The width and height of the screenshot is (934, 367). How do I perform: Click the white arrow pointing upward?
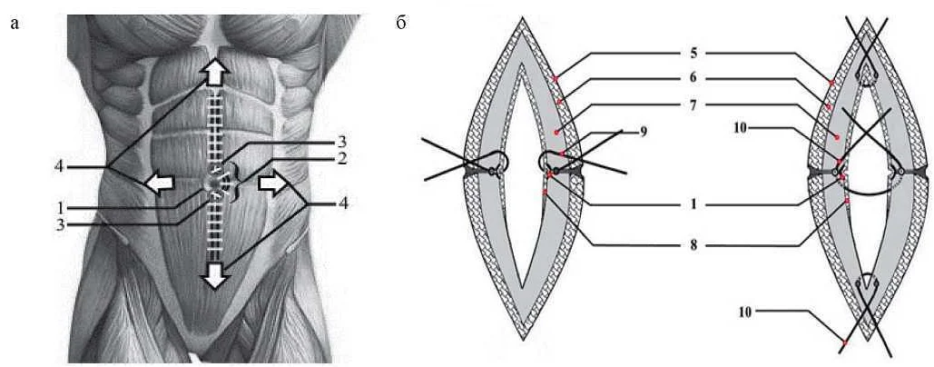[x=213, y=70]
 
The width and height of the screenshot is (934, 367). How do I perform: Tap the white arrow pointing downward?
[x=214, y=273]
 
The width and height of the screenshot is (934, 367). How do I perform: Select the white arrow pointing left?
[x=159, y=184]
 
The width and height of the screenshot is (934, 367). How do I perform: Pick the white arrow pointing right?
[x=270, y=185]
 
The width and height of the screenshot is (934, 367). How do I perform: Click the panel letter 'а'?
[x=15, y=22]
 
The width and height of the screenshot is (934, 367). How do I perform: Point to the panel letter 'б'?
[x=401, y=22]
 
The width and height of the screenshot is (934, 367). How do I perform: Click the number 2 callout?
[x=341, y=159]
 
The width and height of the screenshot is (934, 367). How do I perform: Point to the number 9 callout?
[x=643, y=132]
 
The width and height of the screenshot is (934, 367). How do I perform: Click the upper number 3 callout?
[x=341, y=142]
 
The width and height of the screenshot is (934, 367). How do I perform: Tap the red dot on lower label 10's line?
[x=844, y=342]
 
